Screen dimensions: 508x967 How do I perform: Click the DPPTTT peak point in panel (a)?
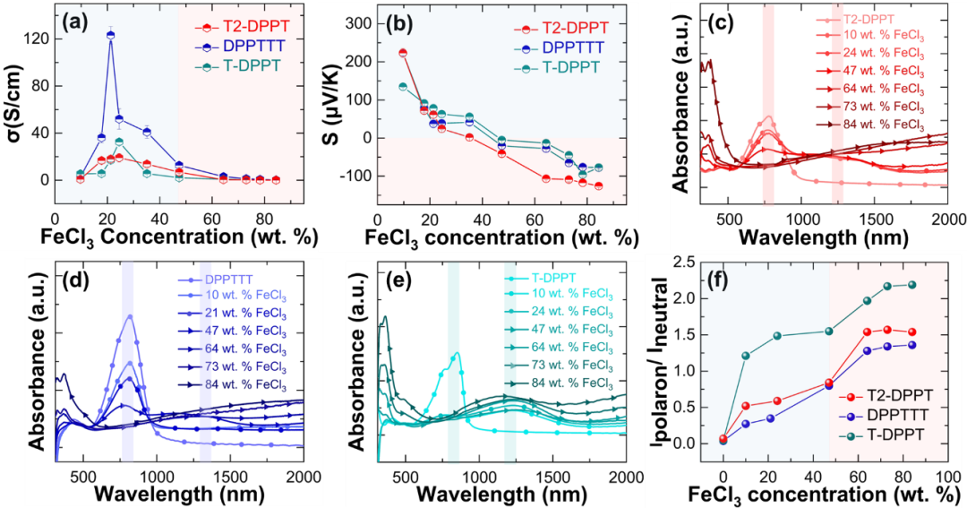coord(111,35)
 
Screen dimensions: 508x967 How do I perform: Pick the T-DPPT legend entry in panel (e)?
coord(555,277)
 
